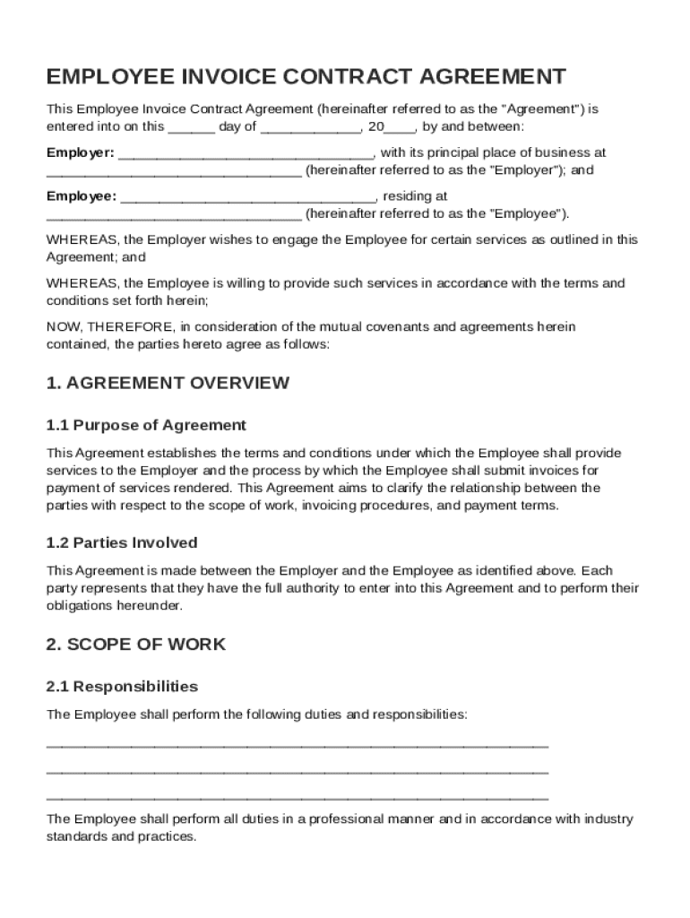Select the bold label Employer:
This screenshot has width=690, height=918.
click(81, 152)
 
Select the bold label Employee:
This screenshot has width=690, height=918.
click(82, 195)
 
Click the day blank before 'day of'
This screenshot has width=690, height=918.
click(191, 127)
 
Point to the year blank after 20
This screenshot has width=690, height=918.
click(398, 127)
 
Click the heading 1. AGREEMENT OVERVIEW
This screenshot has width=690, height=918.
click(168, 383)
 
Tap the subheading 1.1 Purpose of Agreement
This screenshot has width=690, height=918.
click(146, 425)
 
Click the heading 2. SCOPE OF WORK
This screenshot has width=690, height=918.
click(136, 645)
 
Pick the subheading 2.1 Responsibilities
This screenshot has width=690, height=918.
click(122, 687)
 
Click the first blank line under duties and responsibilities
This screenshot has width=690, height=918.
click(297, 745)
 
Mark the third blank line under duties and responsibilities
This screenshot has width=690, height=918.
click(297, 796)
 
